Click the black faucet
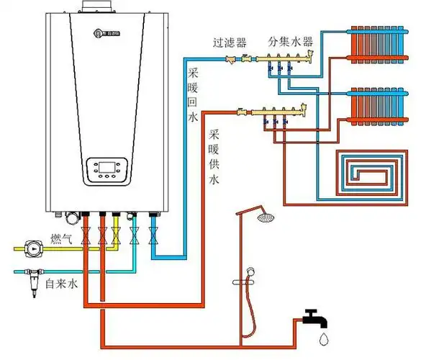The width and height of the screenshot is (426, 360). click(x=314, y=318)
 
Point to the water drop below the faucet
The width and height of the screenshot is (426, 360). click(x=325, y=338)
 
